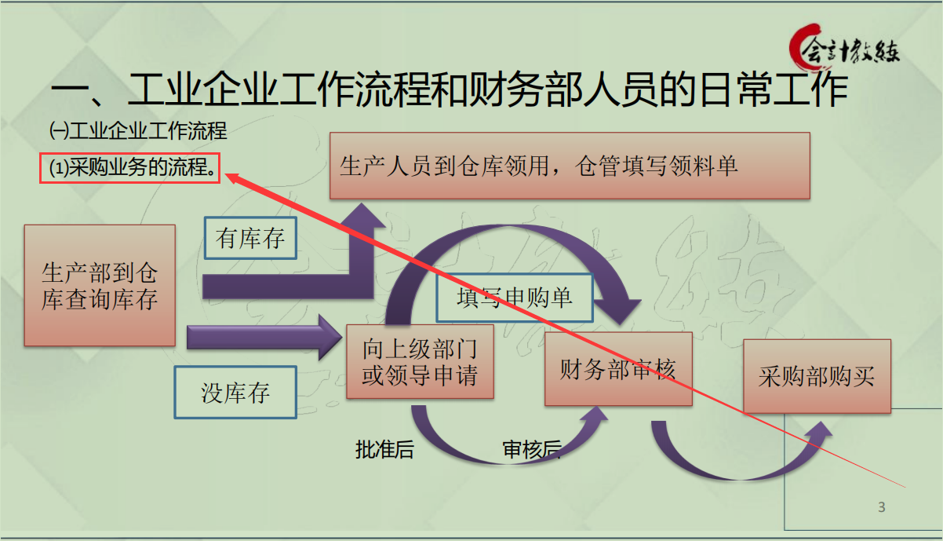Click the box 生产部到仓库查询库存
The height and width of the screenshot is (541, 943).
click(x=100, y=285)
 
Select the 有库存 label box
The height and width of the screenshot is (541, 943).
click(x=250, y=237)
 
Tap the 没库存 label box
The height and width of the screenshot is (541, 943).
click(x=235, y=392)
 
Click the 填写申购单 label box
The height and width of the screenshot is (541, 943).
click(x=515, y=297)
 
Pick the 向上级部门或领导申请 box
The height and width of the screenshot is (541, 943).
click(x=420, y=362)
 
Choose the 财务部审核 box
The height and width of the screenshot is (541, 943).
click(x=618, y=368)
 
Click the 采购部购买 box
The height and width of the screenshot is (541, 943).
click(x=817, y=376)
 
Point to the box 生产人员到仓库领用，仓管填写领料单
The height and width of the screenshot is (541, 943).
click(x=569, y=166)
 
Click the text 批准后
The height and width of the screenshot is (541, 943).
click(x=384, y=450)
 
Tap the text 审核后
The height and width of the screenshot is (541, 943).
click(x=532, y=450)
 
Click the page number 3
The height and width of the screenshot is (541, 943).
click(x=881, y=507)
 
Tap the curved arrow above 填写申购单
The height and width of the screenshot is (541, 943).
click(x=518, y=251)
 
